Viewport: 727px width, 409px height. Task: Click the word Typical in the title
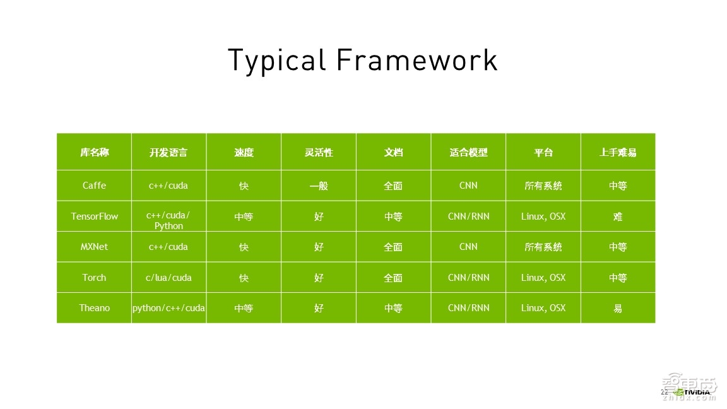276,61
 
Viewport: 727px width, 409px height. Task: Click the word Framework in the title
417,61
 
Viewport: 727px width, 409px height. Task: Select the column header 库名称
94,153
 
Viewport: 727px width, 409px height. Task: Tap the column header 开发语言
168,153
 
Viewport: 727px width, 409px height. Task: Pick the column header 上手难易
618,153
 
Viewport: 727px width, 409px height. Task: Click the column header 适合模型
468,153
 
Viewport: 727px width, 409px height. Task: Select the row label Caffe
94,186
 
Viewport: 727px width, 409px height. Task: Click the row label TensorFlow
94,216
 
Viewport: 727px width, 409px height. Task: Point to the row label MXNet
94,247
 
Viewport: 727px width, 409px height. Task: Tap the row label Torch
94,278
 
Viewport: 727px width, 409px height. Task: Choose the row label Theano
94,308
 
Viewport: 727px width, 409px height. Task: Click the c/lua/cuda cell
168,278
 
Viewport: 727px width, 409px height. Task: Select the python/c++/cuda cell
168,308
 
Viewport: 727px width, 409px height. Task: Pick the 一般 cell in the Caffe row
319,186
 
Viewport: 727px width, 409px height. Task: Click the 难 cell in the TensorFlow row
618,216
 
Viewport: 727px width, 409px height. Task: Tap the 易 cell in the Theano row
618,309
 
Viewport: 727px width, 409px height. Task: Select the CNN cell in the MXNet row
468,247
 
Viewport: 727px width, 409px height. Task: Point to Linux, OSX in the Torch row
543,278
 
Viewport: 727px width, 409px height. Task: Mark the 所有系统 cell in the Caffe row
543,186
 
